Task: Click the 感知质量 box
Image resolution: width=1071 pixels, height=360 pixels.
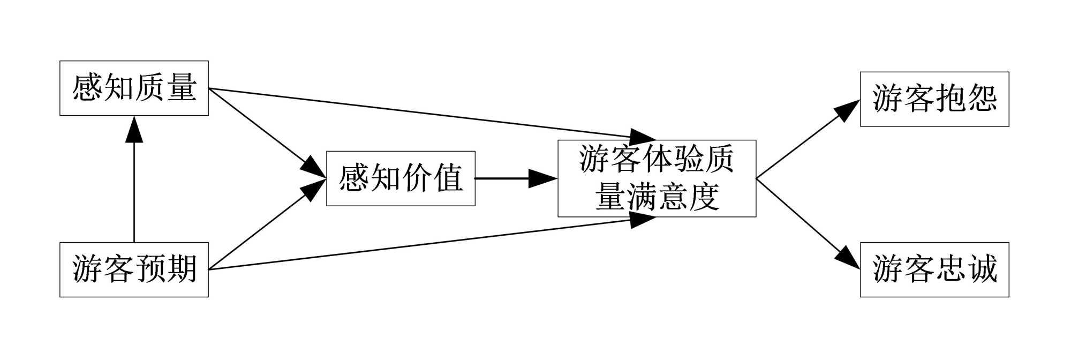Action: [x=134, y=88]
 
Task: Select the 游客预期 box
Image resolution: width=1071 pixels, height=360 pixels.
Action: [x=134, y=269]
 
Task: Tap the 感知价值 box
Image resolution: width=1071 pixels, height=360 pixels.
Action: [x=401, y=178]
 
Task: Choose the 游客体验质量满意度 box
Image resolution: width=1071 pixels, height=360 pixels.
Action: [x=657, y=178]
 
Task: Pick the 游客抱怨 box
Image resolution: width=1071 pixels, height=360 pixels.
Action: [x=934, y=99]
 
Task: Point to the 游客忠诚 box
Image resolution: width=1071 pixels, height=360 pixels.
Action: [x=934, y=269]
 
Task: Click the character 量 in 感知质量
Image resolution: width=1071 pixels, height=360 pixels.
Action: [x=182, y=88]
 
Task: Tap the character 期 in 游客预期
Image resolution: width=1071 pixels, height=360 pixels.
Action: [x=182, y=269]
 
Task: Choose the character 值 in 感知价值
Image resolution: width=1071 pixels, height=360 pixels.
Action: [x=449, y=178]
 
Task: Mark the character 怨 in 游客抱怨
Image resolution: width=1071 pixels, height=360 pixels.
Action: [x=983, y=99]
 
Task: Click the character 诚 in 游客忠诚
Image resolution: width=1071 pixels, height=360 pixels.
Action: [x=983, y=269]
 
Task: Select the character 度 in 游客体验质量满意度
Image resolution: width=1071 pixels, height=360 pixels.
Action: [x=704, y=197]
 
